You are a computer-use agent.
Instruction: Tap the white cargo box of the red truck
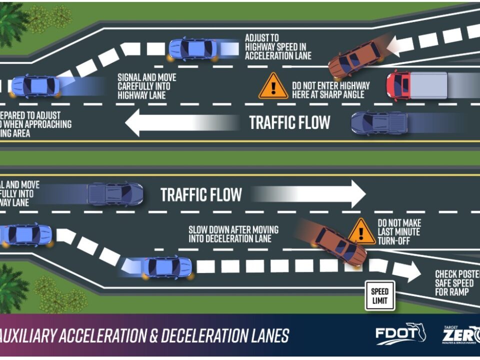click(x=428, y=85)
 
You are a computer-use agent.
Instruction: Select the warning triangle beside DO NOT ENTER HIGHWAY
click(x=273, y=87)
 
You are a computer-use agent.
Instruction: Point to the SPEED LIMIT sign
click(x=380, y=295)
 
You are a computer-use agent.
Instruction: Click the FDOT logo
click(x=400, y=334)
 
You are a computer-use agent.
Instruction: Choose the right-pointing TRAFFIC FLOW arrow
click(x=310, y=194)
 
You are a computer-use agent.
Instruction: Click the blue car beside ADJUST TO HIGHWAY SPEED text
click(x=193, y=49)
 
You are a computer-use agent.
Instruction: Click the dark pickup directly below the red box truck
click(x=379, y=123)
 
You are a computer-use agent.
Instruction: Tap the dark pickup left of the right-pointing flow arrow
click(x=115, y=194)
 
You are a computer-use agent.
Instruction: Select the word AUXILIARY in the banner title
click(x=27, y=335)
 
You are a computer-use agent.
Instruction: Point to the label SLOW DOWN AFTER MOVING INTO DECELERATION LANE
click(x=233, y=234)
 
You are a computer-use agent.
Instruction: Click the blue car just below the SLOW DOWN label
click(x=167, y=267)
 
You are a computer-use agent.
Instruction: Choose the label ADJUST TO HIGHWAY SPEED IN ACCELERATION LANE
click(x=278, y=46)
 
